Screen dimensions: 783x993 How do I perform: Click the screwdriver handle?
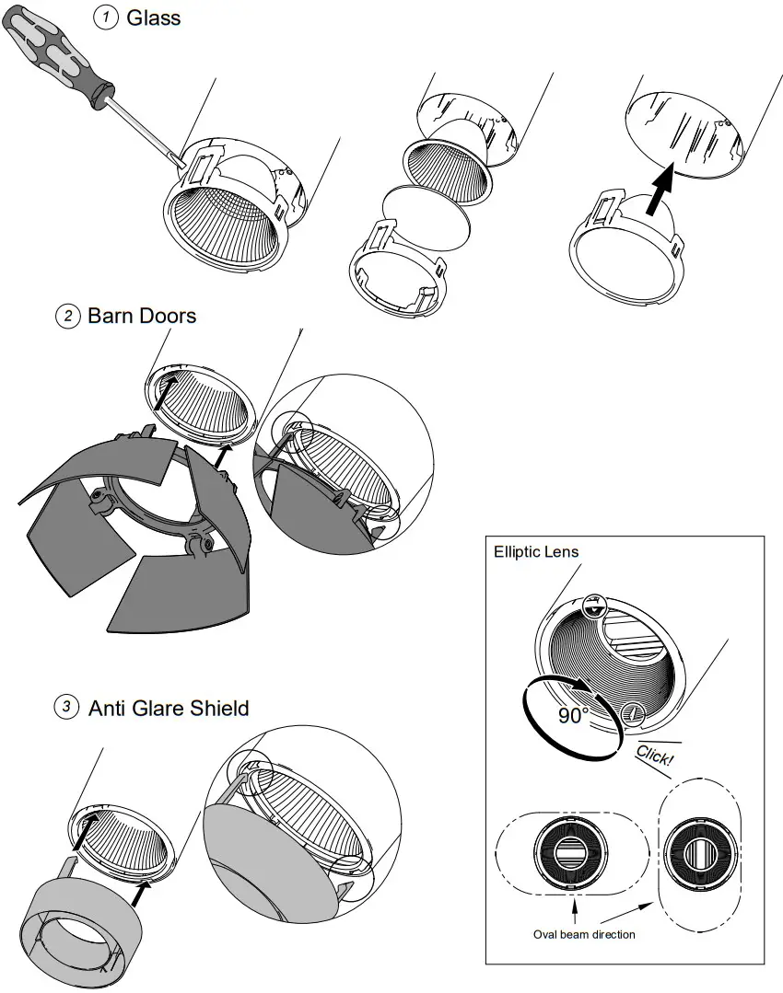58,53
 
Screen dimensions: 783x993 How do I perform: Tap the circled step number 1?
106,17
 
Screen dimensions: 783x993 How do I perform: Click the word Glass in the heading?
154,17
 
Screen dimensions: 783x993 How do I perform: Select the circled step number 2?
68,316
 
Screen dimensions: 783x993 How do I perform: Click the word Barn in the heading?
110,316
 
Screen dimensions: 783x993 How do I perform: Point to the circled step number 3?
66,706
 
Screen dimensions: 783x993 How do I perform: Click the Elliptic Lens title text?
536,551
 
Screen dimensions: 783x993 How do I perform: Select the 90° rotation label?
573,716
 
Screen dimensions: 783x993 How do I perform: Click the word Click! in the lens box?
654,755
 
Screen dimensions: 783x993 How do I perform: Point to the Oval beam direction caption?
584,934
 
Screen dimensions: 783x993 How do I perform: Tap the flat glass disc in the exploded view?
427,218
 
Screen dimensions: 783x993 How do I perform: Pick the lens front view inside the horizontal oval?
570,852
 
